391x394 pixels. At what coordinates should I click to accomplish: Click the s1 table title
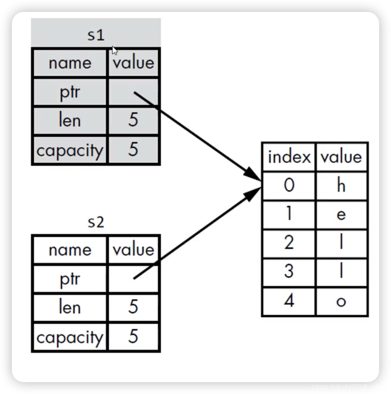pos(96,35)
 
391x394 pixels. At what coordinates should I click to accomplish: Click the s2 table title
pos(96,222)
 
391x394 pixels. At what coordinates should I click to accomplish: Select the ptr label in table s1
pos(70,92)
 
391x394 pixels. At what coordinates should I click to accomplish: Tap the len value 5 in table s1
pos(133,120)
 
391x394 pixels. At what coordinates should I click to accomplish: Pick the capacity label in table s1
pos(70,150)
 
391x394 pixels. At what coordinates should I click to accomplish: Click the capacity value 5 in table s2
pos(133,337)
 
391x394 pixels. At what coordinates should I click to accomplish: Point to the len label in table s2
pos(70,307)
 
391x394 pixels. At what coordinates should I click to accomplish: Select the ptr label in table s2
pos(70,279)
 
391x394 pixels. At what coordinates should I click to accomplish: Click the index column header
pos(289,157)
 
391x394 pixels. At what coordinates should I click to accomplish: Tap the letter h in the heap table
pos(341,185)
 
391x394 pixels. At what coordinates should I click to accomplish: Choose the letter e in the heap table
pos(341,215)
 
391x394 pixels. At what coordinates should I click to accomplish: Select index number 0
pos(289,185)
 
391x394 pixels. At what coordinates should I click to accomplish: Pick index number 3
pos(289,272)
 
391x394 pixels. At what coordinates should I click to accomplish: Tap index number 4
pos(289,301)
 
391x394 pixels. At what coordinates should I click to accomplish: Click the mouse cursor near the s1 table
pos(114,50)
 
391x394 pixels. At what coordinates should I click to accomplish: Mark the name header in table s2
pos(70,250)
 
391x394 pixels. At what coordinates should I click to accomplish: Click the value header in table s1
pos(133,63)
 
